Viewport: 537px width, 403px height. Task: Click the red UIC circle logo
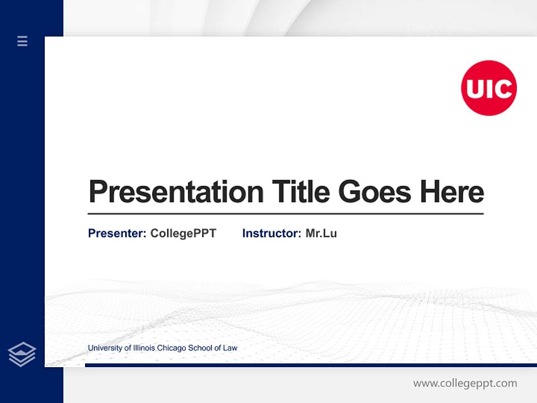[489, 88]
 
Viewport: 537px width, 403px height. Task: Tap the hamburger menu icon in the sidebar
[22, 41]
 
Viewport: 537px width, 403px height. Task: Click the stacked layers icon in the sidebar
[22, 354]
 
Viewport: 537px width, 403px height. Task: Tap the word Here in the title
[452, 192]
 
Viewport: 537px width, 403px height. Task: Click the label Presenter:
[117, 233]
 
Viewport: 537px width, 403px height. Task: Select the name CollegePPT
[183, 233]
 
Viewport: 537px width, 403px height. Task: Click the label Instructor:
[272, 233]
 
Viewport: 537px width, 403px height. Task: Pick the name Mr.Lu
[321, 233]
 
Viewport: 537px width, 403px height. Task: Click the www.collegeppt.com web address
[465, 383]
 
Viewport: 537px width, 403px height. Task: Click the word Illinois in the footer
[143, 348]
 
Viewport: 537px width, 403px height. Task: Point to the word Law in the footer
[230, 348]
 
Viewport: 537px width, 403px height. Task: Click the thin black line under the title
[285, 214]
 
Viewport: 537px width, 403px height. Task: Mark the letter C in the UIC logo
[503, 88]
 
